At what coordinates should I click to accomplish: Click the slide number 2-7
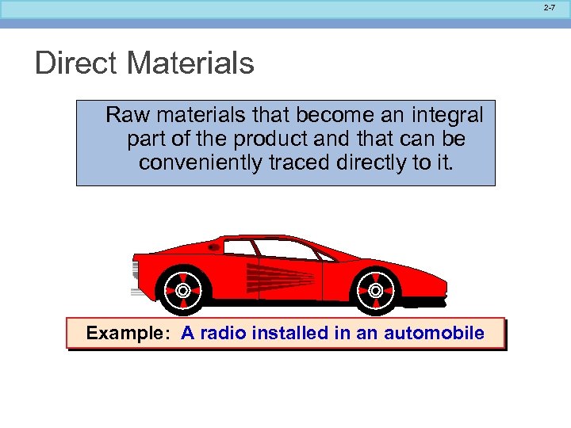[x=550, y=7]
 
